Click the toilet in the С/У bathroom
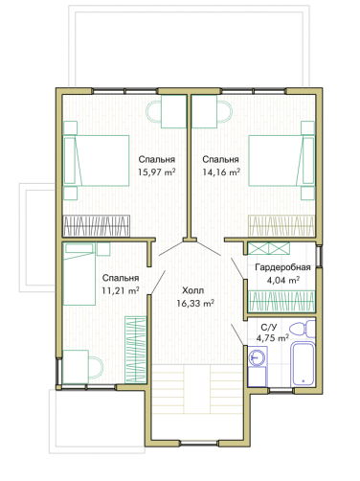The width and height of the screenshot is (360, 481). (303, 329)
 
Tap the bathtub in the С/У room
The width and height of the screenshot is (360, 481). (304, 364)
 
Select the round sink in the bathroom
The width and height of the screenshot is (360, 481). (257, 357)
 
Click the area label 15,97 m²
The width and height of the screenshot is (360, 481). (157, 172)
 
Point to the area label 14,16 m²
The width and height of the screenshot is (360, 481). (221, 172)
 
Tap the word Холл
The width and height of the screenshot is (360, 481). (193, 290)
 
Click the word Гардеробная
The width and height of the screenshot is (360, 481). (282, 267)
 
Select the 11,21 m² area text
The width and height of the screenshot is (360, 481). (121, 290)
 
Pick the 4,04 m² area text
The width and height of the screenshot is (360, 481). (283, 281)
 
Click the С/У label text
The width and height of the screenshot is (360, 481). (269, 328)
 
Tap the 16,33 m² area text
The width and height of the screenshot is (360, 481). (195, 303)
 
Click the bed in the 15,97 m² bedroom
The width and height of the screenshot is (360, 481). (96, 160)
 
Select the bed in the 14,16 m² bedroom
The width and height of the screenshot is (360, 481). (281, 160)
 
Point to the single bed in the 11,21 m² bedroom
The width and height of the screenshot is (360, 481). (79, 274)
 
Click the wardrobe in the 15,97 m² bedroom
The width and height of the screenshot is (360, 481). (96, 226)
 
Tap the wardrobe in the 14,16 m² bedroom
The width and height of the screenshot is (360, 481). (281, 226)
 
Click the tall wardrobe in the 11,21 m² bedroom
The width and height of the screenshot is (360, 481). (136, 350)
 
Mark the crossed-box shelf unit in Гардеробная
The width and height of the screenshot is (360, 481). (269, 248)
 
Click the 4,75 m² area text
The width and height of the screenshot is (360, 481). (273, 338)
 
